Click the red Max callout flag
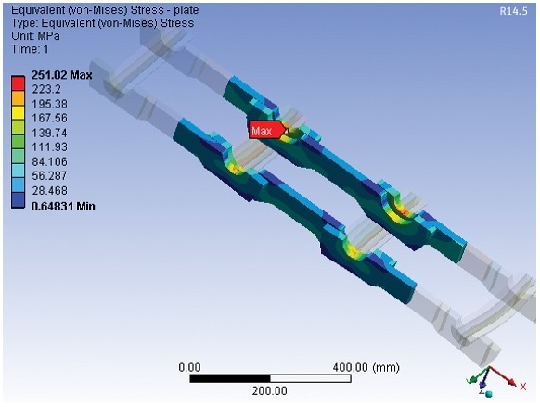266,131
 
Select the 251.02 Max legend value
61,75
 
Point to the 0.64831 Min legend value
63,207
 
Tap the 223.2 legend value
46,89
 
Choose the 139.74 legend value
49,133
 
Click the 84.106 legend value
49,161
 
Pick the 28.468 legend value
49,191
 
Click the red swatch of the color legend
18,83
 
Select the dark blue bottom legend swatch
18,200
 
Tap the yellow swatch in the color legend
18,112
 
